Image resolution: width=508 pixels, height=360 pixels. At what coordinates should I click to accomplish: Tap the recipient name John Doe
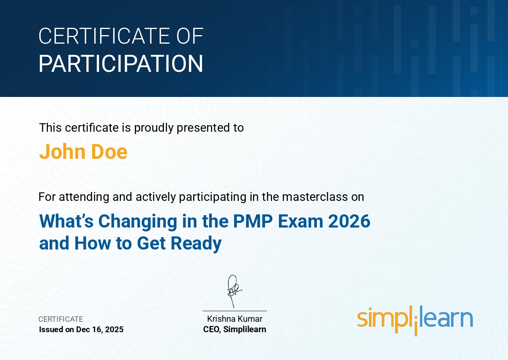83,152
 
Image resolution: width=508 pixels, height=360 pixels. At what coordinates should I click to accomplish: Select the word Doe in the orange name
109,152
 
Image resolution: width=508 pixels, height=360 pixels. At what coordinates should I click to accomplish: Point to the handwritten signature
234,291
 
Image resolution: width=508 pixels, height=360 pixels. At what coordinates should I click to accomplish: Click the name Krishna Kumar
235,319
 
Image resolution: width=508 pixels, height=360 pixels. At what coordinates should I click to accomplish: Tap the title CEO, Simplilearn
235,329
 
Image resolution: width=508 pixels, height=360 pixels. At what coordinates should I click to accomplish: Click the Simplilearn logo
415,321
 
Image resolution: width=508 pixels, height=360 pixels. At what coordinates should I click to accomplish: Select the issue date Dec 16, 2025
100,329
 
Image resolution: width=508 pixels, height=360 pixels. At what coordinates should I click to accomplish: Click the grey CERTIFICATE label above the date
61,319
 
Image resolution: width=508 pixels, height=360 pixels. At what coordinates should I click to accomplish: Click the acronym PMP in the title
253,221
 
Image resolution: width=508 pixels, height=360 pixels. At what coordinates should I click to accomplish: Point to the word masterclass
315,197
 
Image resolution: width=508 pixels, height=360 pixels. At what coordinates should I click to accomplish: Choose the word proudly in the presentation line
154,128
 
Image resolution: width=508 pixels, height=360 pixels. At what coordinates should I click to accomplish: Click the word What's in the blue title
66,221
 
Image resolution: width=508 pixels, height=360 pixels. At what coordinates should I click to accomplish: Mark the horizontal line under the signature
235,311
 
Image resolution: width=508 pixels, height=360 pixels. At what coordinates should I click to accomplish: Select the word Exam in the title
301,221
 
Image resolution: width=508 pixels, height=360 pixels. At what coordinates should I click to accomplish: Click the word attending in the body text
84,197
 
